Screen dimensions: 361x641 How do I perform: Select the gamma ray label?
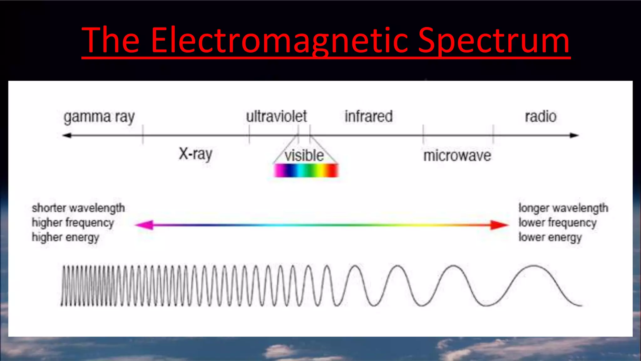(x=99, y=117)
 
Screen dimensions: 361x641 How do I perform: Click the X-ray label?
(x=196, y=154)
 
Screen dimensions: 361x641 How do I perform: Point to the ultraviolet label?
(x=276, y=116)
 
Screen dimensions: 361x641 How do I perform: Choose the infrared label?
(x=368, y=116)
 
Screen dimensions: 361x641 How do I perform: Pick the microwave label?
(x=457, y=156)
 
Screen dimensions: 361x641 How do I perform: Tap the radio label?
(x=541, y=117)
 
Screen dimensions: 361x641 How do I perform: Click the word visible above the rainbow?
(x=304, y=155)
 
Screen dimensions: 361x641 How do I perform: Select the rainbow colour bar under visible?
(x=306, y=170)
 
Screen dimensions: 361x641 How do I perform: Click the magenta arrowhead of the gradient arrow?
(x=145, y=225)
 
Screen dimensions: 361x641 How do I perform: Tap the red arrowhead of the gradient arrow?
(x=499, y=225)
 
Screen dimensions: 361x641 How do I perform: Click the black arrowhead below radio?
(x=574, y=135)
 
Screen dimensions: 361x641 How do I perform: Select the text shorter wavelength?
(x=78, y=208)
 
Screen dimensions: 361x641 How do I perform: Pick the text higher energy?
(x=65, y=237)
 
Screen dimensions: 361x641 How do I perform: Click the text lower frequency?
(x=557, y=223)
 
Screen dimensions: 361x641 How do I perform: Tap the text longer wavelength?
(x=563, y=208)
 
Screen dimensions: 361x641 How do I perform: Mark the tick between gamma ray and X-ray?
(x=143, y=134)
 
